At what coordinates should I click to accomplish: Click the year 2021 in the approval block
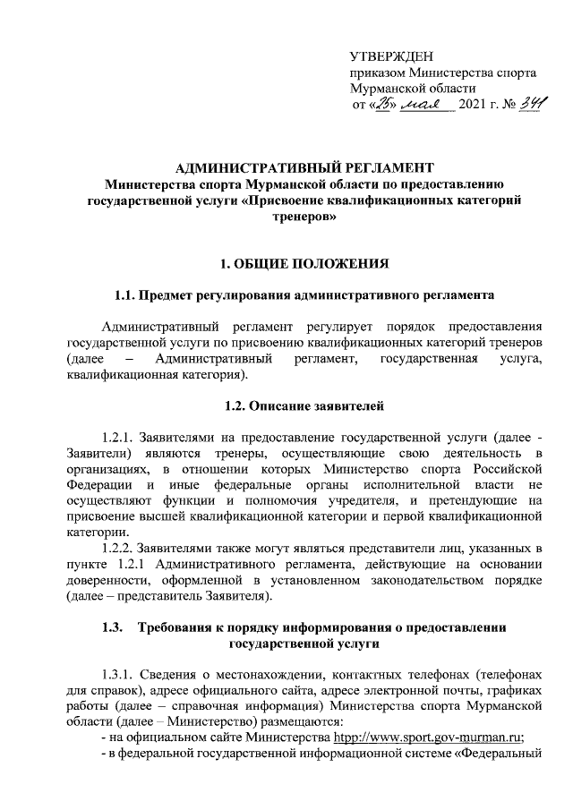(x=472, y=107)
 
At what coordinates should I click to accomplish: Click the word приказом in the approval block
(x=376, y=73)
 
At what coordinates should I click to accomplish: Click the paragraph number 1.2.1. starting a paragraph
(x=120, y=439)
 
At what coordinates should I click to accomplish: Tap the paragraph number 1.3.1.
(x=120, y=674)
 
